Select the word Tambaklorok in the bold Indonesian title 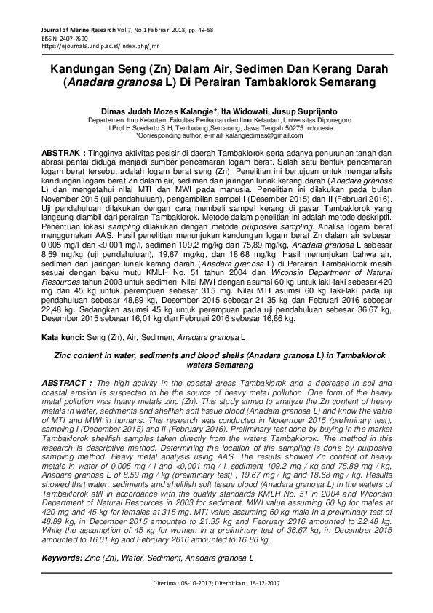(285, 82)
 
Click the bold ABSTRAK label (62, 154)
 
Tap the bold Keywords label (65, 558)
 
